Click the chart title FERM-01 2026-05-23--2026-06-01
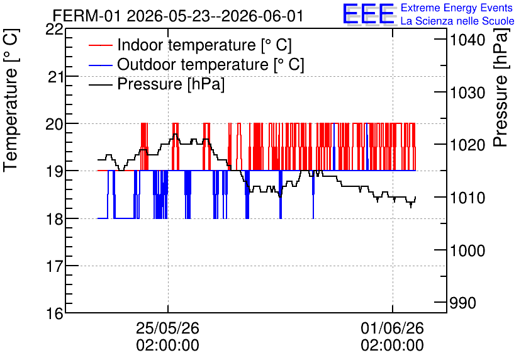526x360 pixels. (178, 16)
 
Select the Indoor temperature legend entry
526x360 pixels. (190, 45)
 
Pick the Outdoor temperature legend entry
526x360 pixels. (196, 64)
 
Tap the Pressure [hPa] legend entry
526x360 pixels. (157, 84)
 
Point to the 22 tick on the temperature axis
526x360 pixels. (54, 29)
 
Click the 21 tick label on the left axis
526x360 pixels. (55, 77)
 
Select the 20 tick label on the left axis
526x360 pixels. (54, 125)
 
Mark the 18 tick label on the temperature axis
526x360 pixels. (55, 219)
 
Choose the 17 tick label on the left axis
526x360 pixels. (55, 266)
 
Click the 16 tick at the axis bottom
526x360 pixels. (55, 313)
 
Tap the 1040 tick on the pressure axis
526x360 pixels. (467, 40)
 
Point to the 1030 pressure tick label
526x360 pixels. (467, 93)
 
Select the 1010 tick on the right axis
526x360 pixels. (467, 198)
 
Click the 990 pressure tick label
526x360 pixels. (462, 303)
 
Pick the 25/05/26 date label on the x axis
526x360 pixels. (168, 336)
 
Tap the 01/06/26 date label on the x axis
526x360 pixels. (393, 336)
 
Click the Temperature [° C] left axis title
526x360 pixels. (11, 100)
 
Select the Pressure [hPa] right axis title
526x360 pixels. (501, 87)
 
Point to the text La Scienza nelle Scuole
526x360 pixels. (457, 21)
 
